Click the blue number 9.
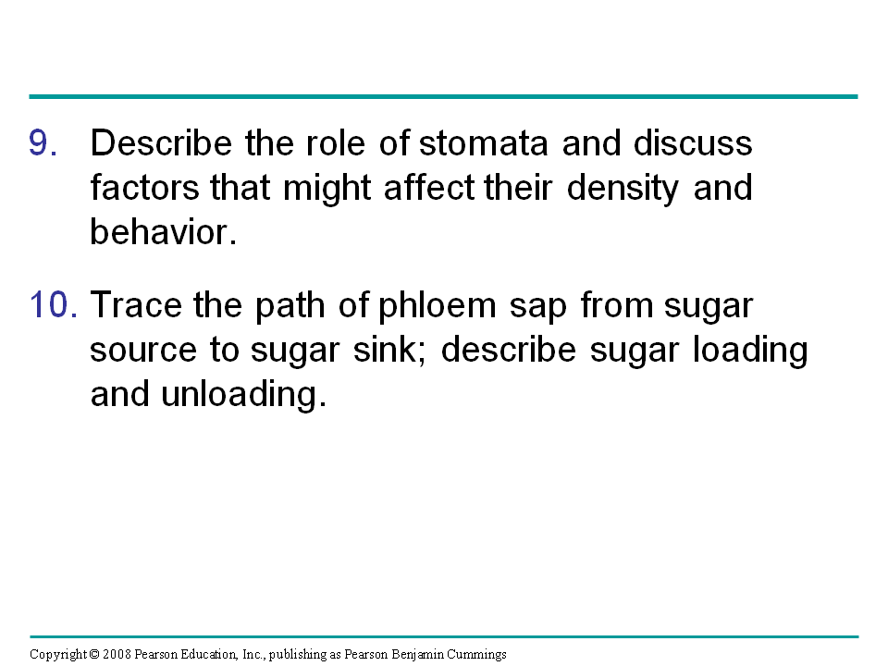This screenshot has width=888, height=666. click(x=43, y=142)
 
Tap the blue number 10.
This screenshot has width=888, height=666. click(x=54, y=304)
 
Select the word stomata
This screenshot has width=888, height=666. click(x=484, y=142)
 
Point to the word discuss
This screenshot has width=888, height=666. click(x=693, y=142)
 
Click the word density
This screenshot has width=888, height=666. click(x=623, y=189)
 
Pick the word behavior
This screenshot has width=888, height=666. click(x=163, y=231)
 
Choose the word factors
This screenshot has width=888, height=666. click(x=145, y=188)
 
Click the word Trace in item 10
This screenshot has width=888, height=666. click(x=137, y=304)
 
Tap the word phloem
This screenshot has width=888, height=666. click(x=438, y=306)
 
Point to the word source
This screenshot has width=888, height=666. click(x=143, y=351)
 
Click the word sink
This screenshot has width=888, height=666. click(x=389, y=350)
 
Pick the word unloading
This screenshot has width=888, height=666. click(x=244, y=394)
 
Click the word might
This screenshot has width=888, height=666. click(x=327, y=189)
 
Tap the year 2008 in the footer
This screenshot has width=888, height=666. click(x=117, y=655)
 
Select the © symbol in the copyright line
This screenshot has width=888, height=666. click(x=94, y=655)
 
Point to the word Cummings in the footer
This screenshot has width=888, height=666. click(x=476, y=655)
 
